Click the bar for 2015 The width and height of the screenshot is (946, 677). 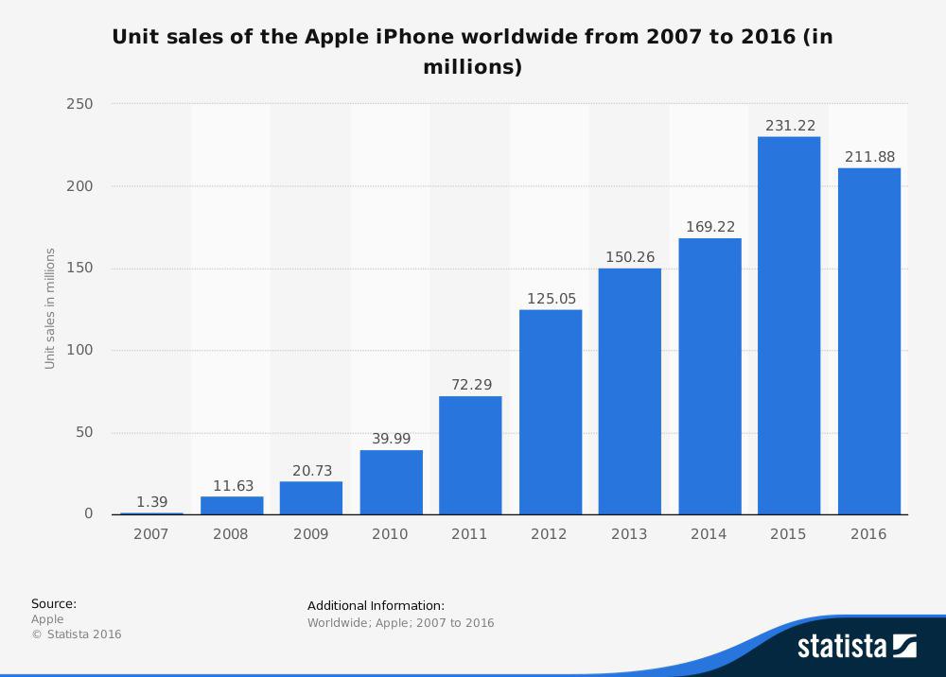click(789, 325)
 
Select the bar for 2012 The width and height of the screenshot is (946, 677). click(551, 411)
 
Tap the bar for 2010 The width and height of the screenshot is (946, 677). click(391, 481)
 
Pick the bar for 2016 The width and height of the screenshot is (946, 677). click(868, 340)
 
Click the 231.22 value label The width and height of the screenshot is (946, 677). click(789, 125)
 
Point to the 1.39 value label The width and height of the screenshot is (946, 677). click(151, 501)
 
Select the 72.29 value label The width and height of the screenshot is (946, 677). click(470, 385)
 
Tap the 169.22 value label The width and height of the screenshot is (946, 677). click(709, 227)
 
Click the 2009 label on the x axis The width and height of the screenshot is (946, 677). click(310, 534)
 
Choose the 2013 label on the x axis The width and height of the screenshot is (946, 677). click(629, 534)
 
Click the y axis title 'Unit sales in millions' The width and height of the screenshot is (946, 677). click(50, 308)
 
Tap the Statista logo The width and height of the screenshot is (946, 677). click(856, 647)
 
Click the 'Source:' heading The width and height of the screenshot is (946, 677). click(54, 603)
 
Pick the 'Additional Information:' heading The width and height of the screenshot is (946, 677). click(376, 605)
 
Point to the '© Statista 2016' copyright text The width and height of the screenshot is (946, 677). click(77, 634)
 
